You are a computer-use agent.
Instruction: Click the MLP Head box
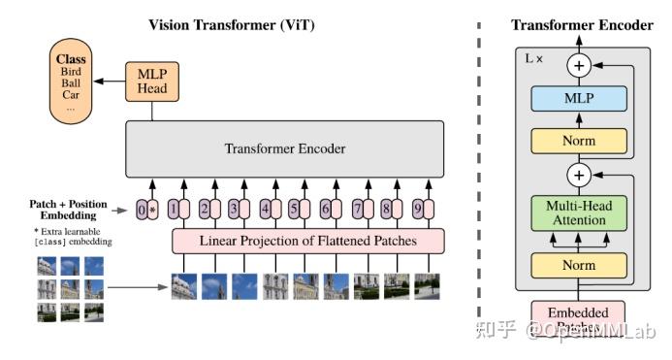150,82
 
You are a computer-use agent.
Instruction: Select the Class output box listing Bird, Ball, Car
71,80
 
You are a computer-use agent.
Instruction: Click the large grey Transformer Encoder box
284,149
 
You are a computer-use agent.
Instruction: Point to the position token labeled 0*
146,208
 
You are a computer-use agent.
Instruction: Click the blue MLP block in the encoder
579,98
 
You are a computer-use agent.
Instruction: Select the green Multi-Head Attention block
579,213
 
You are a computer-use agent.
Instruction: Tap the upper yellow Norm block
579,141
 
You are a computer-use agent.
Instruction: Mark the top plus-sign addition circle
579,65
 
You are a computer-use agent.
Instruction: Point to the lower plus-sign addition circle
579,176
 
